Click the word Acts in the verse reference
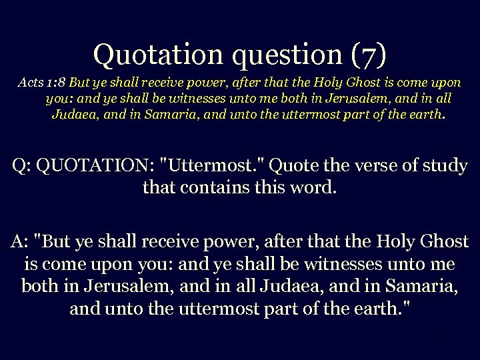31,83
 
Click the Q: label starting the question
23,166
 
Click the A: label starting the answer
20,241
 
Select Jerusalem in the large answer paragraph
117,286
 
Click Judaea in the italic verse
75,114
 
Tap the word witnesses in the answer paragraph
342,264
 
